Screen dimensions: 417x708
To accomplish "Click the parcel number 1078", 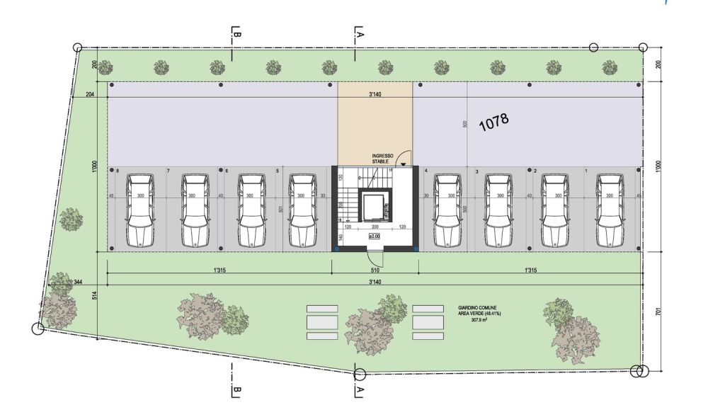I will point(494,122).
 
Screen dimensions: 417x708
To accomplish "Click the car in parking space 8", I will point(139,210).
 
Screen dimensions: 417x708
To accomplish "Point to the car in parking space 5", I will point(301,210).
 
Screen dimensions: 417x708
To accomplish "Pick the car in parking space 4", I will point(447,210).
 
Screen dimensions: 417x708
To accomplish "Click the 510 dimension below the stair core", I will point(375,270).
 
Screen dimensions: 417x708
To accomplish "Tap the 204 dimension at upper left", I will point(89,94).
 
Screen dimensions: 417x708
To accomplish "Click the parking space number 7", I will point(168,171).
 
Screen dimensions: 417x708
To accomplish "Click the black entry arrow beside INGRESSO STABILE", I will point(403,164).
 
